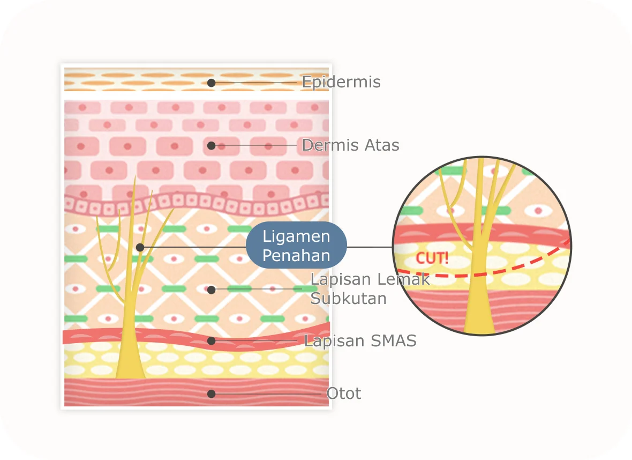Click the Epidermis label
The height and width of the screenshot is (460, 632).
click(x=341, y=83)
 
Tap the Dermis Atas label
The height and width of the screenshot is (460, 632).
click(x=350, y=145)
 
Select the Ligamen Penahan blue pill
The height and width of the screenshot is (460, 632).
click(x=296, y=246)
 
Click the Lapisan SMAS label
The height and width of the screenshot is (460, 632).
click(x=360, y=341)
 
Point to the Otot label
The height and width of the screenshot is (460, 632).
click(x=344, y=394)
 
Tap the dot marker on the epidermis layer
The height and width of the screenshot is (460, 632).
click(x=212, y=83)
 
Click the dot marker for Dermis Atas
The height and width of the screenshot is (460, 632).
click(x=212, y=145)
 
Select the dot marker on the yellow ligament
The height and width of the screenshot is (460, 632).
click(x=140, y=247)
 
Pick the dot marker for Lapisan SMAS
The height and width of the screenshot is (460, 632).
click(x=212, y=341)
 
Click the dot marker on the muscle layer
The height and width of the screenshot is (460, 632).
click(x=212, y=394)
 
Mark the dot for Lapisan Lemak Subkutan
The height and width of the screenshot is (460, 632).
click(x=212, y=290)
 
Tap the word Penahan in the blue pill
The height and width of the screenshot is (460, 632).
click(x=296, y=256)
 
